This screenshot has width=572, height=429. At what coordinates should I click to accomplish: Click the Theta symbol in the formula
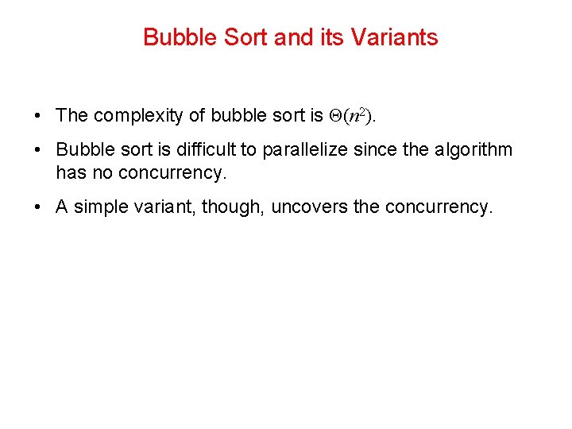pos(334,116)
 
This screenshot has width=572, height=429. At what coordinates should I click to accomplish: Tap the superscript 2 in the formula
pos(363,112)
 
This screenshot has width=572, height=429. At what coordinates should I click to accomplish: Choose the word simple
pos(99,207)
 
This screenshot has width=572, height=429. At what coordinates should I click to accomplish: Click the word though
pos(233,207)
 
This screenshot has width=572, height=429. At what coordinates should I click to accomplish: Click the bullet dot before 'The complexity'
pos(38,116)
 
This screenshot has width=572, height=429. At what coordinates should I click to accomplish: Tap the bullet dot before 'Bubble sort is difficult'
pos(38,150)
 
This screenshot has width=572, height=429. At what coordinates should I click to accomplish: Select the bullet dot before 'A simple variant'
pos(38,207)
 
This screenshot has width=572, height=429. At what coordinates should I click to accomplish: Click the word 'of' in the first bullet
pos(195,116)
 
